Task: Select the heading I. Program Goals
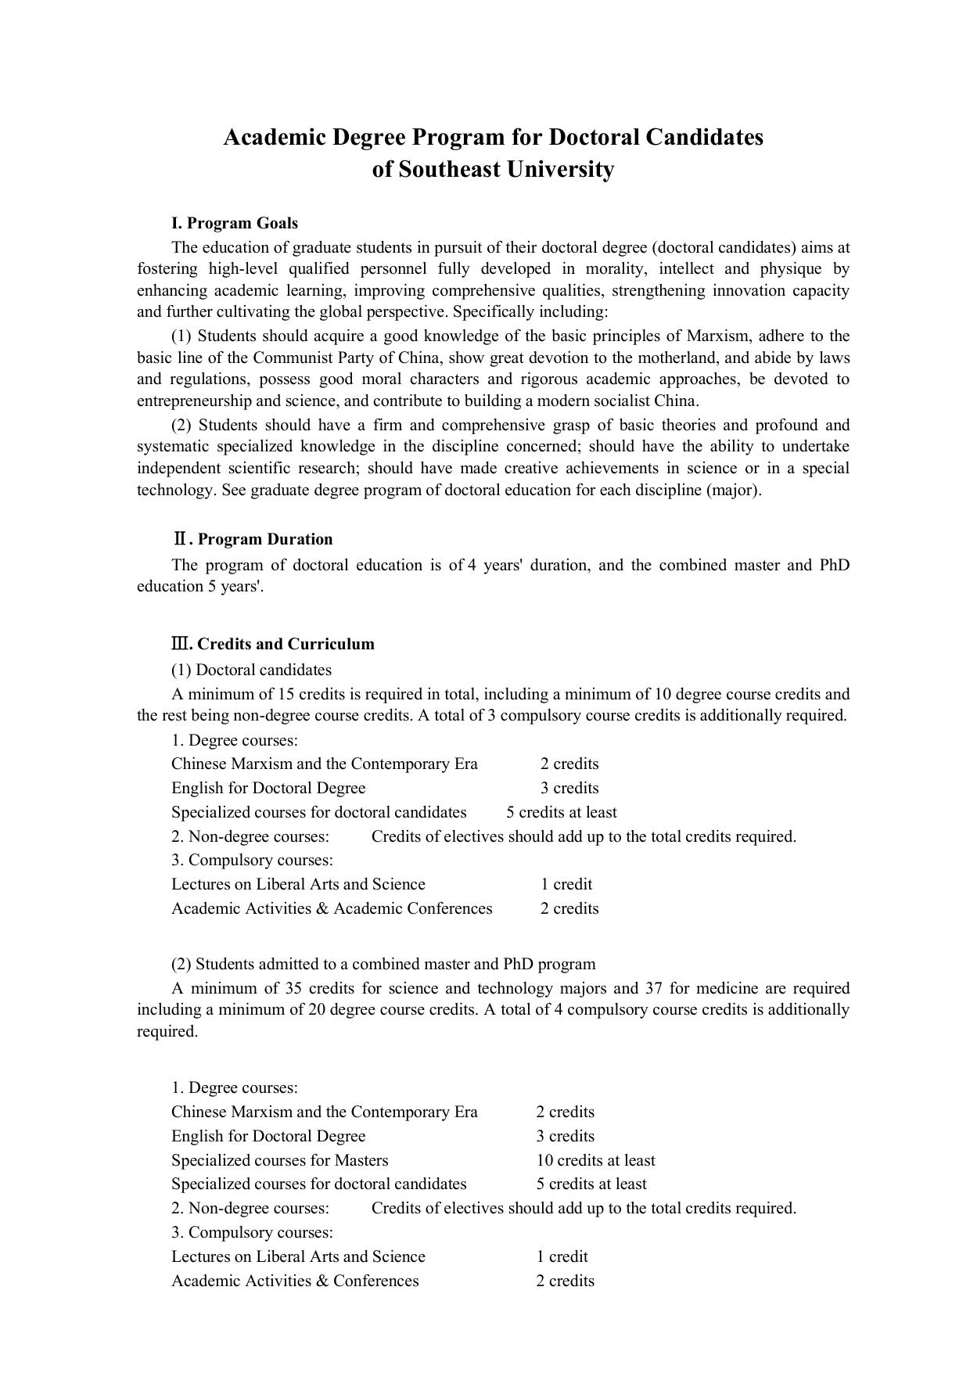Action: [235, 223]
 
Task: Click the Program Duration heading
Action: [264, 539]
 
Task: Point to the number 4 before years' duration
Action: [472, 565]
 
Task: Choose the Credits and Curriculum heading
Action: [286, 644]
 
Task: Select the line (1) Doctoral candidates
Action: [251, 670]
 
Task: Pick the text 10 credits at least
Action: [595, 1160]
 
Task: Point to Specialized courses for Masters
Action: [280, 1160]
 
